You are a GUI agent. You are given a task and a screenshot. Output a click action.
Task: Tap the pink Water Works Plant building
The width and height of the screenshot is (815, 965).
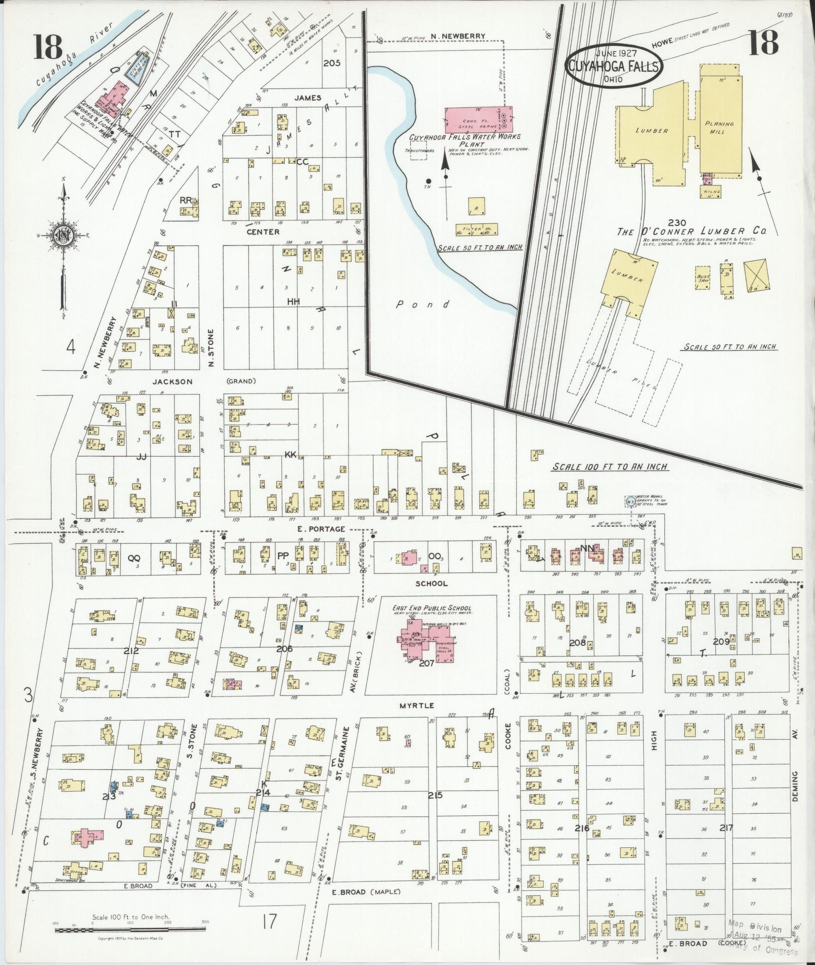[475, 119]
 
